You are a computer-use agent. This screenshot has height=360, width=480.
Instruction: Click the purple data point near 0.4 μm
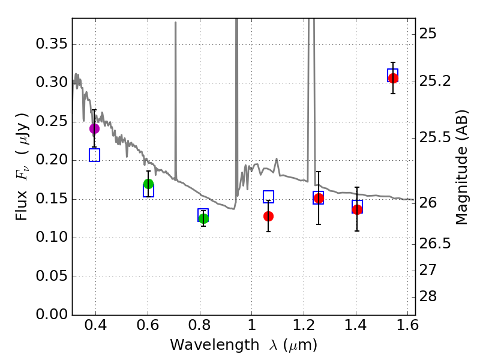click(94, 128)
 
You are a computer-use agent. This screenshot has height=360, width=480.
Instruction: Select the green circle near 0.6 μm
click(148, 184)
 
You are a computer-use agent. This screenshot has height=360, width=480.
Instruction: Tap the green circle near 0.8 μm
click(203, 218)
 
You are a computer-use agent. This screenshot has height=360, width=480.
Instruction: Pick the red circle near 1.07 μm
click(268, 216)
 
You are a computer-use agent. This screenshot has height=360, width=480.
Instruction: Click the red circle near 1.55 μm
click(393, 78)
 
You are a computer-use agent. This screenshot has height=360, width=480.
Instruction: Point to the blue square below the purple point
click(94, 155)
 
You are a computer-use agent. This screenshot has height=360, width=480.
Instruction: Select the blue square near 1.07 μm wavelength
click(268, 197)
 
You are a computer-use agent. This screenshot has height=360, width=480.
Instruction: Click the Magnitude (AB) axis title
click(461, 167)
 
